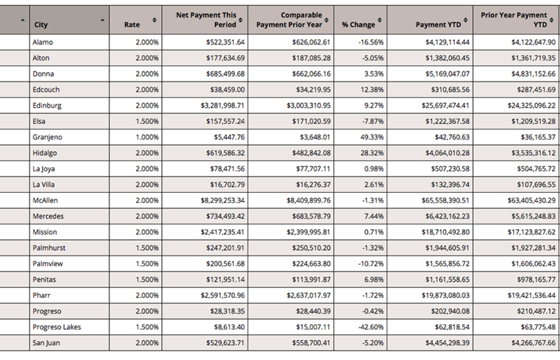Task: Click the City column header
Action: point(41,24)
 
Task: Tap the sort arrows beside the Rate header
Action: point(154,20)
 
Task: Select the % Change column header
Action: point(358,24)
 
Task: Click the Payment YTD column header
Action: point(438,24)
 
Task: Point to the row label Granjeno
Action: point(47,137)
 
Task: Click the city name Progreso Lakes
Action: point(57,327)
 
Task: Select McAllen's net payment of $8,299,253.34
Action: point(223,200)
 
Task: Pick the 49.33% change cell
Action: point(372,137)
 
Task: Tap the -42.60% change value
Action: point(371,327)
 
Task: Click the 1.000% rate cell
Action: point(147,137)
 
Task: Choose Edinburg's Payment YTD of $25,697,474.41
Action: point(446,106)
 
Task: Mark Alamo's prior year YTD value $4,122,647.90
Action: point(534,42)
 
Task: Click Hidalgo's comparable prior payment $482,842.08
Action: point(312,153)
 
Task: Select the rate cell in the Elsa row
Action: point(147,122)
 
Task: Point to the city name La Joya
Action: point(44,169)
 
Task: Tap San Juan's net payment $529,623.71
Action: point(225,343)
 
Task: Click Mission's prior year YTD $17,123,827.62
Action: point(532,232)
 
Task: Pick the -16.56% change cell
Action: point(371,42)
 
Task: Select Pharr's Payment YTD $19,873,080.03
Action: point(446,296)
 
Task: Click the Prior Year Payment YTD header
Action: point(514,20)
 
